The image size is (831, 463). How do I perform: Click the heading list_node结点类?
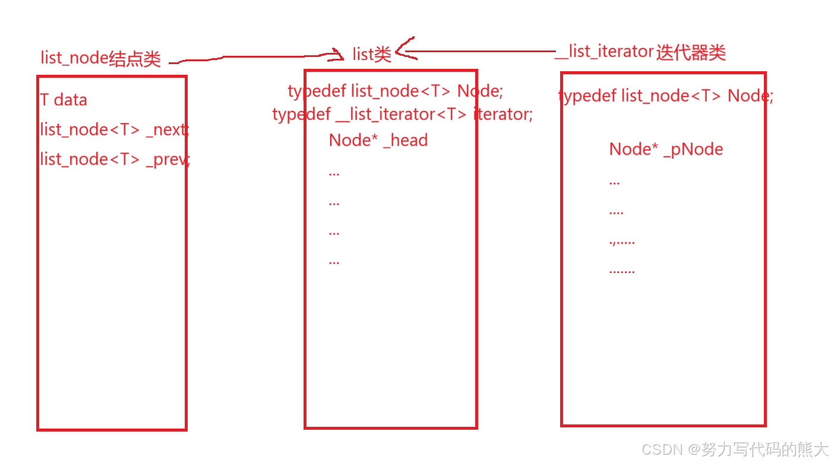[x=100, y=58]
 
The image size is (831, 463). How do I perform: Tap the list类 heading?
[x=372, y=55]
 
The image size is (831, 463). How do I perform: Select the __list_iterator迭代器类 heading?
[x=641, y=52]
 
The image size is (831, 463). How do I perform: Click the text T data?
[x=64, y=100]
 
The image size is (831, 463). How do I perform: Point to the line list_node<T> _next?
[x=114, y=129]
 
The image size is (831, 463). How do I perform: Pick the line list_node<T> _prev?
[x=115, y=159]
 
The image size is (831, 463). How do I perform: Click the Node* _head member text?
[x=378, y=141]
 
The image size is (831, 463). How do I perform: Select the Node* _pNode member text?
[x=666, y=150]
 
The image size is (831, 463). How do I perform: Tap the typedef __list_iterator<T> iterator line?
[x=402, y=114]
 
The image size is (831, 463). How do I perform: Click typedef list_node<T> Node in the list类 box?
[x=395, y=91]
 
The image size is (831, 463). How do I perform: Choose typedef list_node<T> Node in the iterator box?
[x=665, y=96]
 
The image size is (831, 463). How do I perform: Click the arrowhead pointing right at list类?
[x=340, y=56]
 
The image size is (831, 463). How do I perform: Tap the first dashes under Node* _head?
[x=334, y=174]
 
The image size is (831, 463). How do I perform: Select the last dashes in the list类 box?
[x=334, y=262]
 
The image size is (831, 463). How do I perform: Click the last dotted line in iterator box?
[x=622, y=272]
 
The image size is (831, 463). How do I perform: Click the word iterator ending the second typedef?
[x=502, y=114]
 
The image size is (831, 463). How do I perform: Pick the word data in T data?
[x=70, y=100]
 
